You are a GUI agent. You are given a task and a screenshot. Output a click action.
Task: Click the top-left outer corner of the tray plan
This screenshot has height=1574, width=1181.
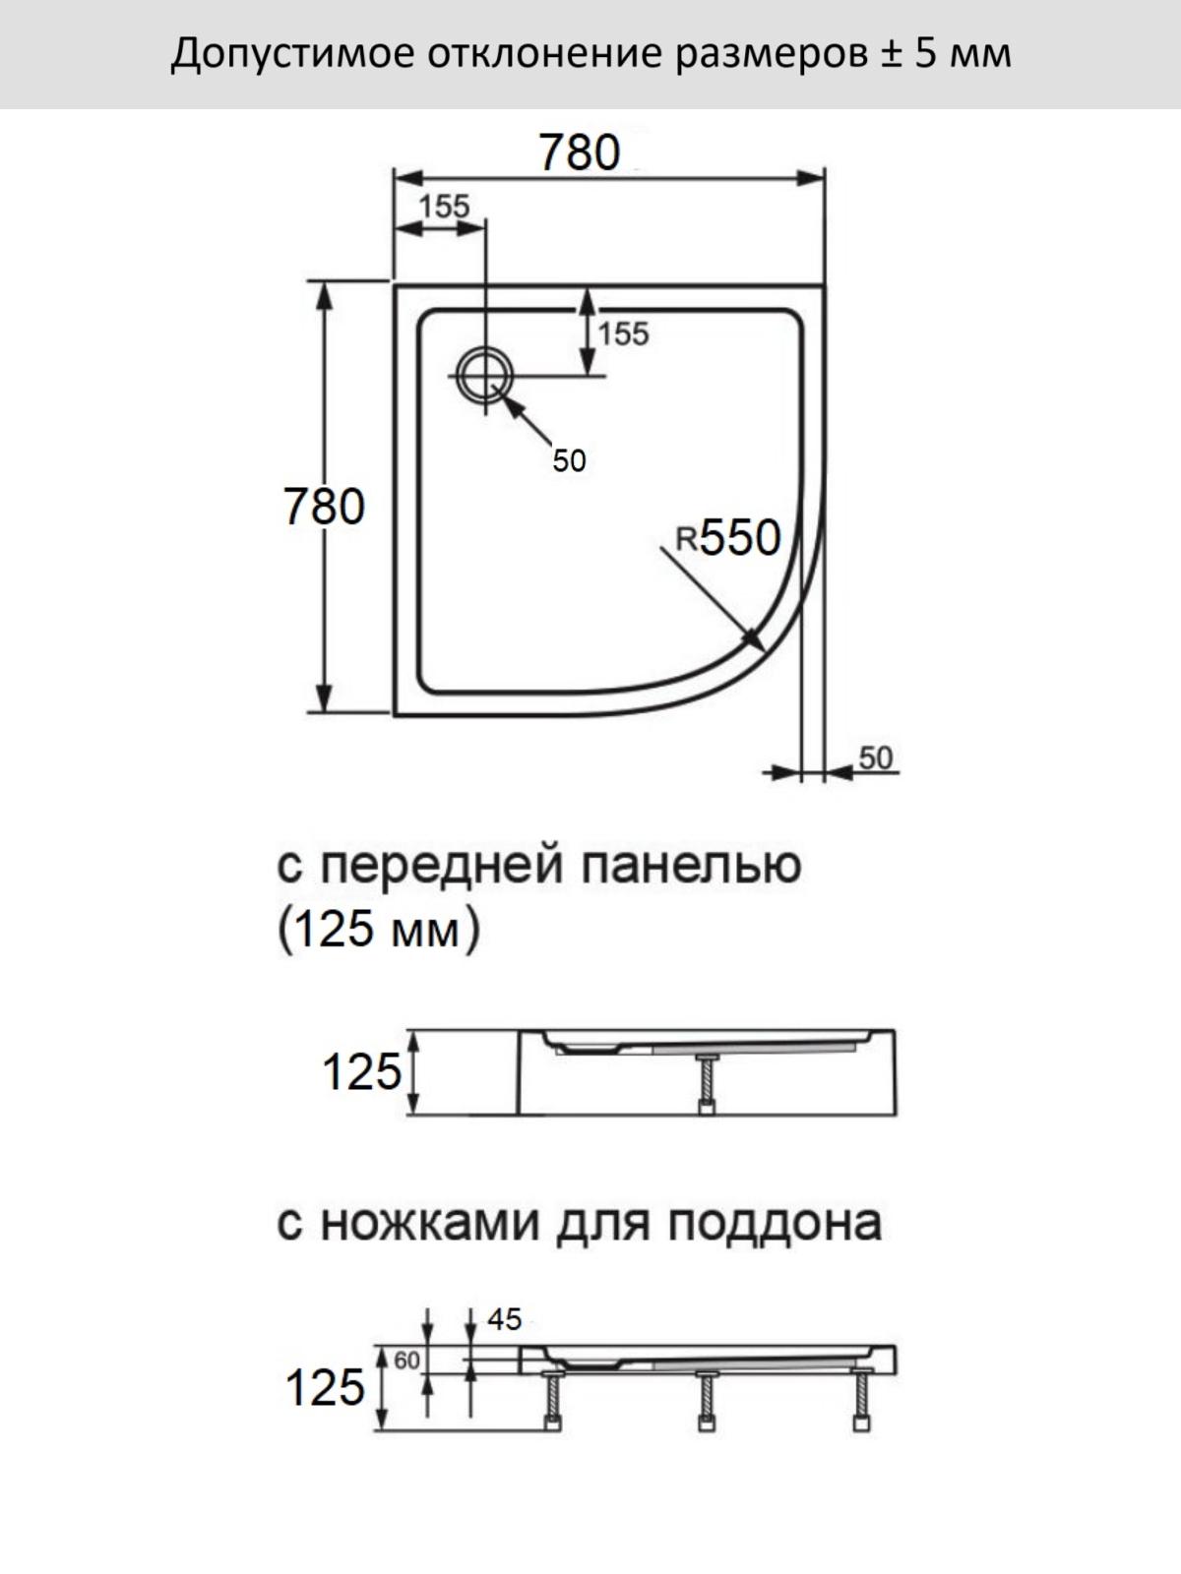coord(395,285)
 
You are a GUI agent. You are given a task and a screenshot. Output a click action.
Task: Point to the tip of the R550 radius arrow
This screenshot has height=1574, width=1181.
coord(763,650)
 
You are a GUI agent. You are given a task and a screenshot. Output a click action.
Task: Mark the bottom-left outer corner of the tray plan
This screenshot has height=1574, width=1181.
coord(395,715)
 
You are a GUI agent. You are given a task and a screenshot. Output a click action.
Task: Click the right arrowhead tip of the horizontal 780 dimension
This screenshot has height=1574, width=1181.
coord(825,179)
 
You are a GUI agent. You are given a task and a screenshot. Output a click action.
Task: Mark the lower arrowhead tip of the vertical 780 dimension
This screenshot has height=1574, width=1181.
coord(324,713)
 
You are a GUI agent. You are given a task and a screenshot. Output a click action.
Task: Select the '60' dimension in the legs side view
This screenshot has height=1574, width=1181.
coord(406,1361)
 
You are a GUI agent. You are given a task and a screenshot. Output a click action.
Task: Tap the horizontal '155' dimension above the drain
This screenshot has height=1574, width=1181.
coord(444,207)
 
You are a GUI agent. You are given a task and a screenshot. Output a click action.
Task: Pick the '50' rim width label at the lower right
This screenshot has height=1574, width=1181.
coord(876,757)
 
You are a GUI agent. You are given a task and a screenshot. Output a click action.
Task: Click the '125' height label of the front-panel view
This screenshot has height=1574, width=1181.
coord(361,1072)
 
